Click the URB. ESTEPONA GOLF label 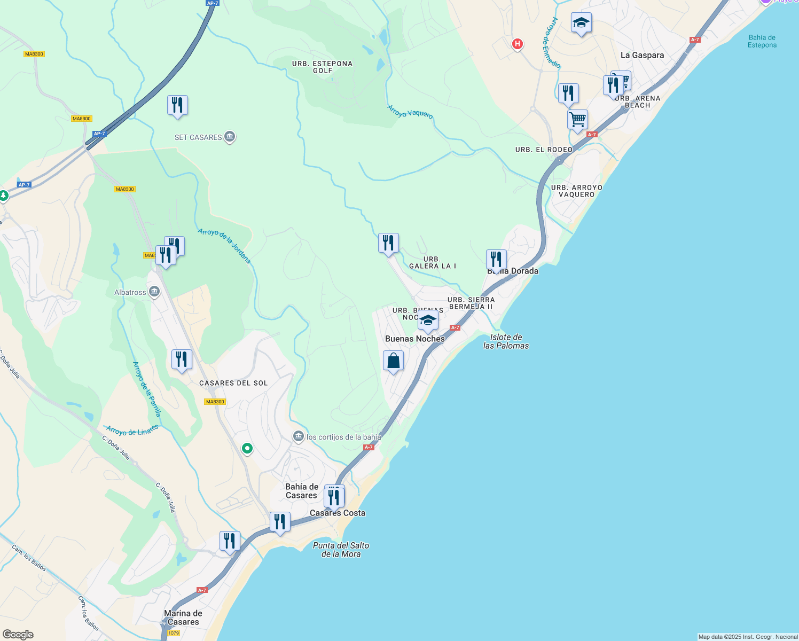pyautogui.click(x=322, y=67)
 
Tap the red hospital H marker pyautogui.click(x=517, y=44)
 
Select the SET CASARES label pyautogui.click(x=199, y=137)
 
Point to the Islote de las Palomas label pyautogui.click(x=506, y=341)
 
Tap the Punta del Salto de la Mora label pyautogui.click(x=341, y=550)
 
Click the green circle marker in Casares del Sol pyautogui.click(x=247, y=449)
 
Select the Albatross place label pyautogui.click(x=130, y=292)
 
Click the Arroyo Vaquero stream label pyautogui.click(x=410, y=111)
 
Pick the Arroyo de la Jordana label pyautogui.click(x=224, y=246)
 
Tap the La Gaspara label pyautogui.click(x=642, y=55)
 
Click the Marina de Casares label pyautogui.click(x=183, y=617)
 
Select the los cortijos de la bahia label pyautogui.click(x=343, y=437)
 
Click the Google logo pyautogui.click(x=18, y=635)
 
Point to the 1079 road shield pyautogui.click(x=174, y=633)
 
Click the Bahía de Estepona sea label pyautogui.click(x=762, y=41)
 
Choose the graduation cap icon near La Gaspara pyautogui.click(x=581, y=23)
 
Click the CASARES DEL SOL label pyautogui.click(x=233, y=383)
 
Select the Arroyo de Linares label pyautogui.click(x=132, y=430)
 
